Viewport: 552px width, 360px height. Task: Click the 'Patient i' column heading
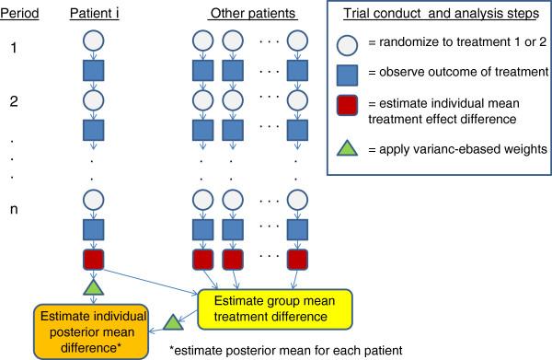point(96,16)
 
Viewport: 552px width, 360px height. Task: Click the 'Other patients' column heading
point(246,16)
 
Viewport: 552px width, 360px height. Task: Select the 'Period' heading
point(21,16)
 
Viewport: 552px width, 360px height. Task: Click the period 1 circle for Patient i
point(95,42)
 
